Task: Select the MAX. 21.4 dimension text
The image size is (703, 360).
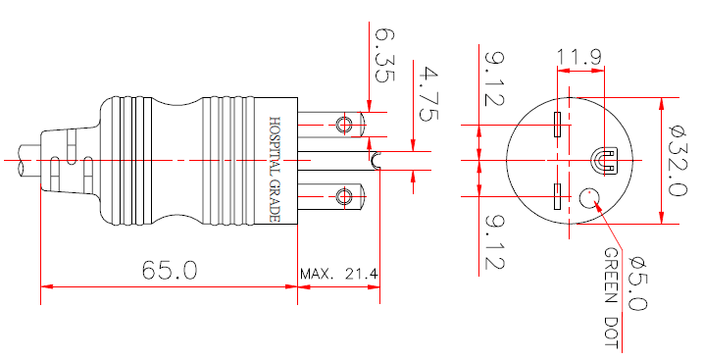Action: tap(339, 274)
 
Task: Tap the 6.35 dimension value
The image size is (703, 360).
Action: tap(383, 55)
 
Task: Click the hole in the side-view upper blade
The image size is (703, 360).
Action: tap(343, 124)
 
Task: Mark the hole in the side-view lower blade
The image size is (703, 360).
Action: tap(343, 197)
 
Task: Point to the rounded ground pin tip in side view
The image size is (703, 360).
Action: tap(376, 160)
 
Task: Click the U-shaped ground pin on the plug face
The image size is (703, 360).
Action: tap(605, 160)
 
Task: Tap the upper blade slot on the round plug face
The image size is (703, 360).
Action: tap(556, 125)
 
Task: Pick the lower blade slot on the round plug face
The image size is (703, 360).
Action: tap(556, 197)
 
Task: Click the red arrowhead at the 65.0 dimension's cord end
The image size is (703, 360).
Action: tap(46, 286)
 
